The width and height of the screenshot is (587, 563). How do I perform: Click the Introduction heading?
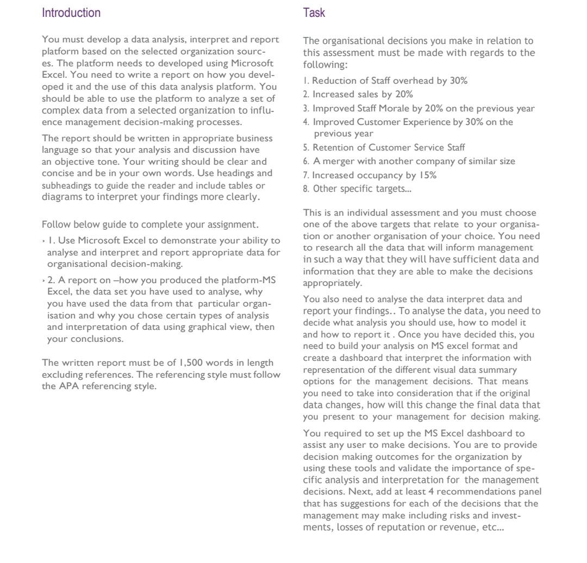[x=71, y=13]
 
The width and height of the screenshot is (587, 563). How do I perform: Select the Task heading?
[x=314, y=13]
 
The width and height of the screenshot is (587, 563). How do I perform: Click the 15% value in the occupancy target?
[x=427, y=175]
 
